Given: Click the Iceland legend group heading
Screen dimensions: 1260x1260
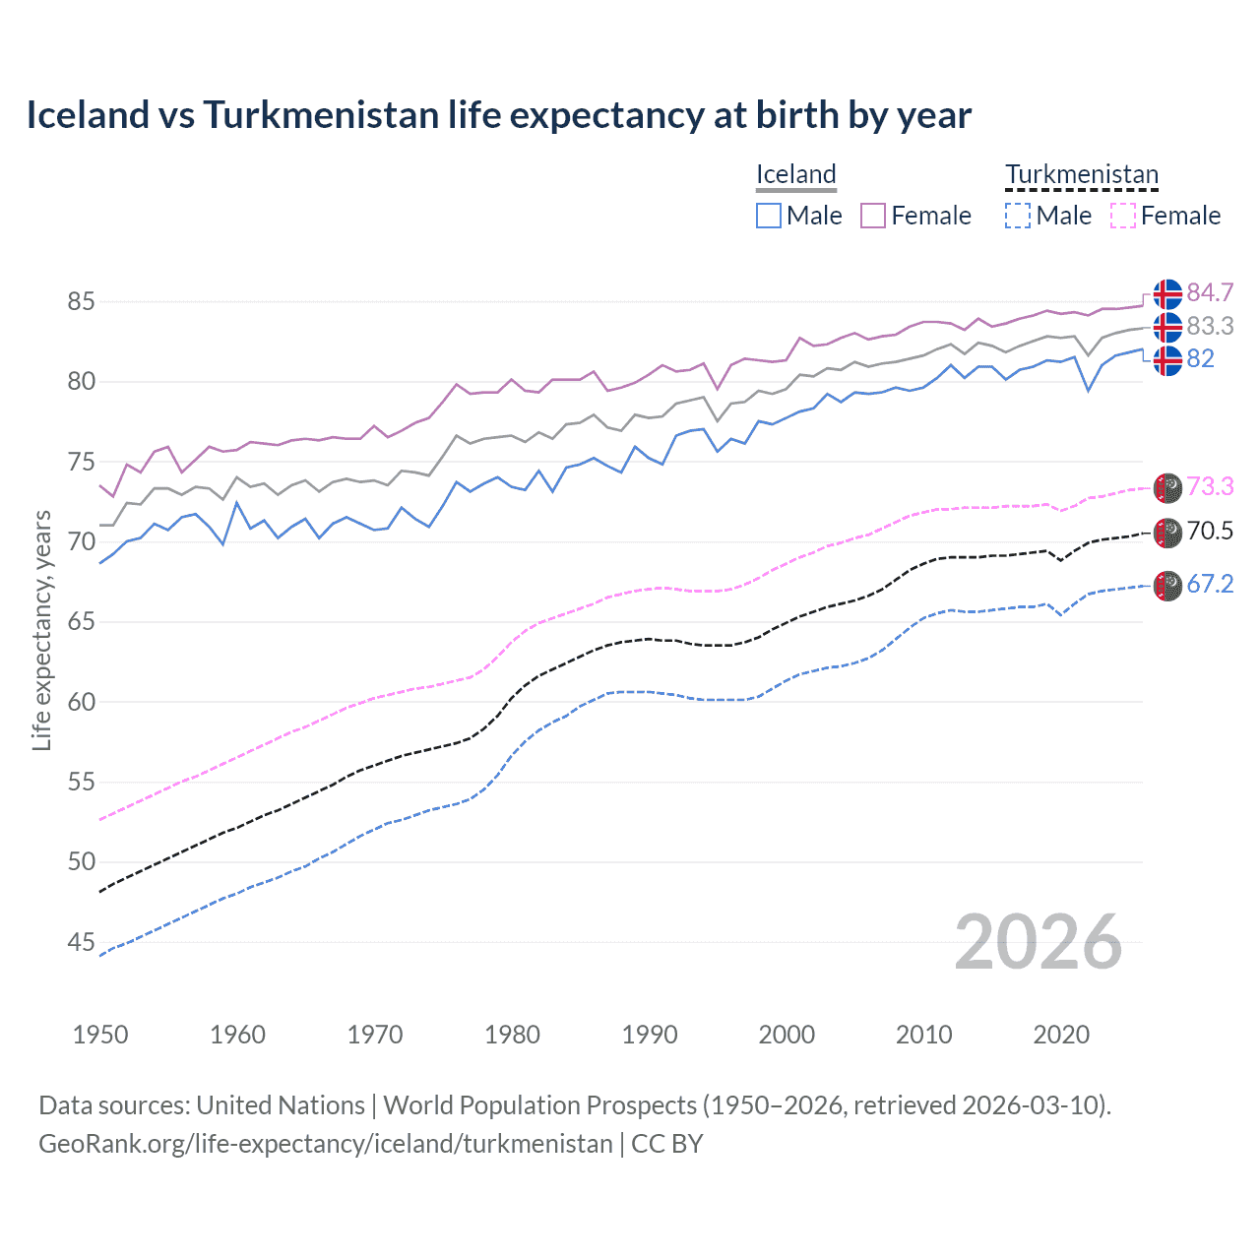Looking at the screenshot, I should [x=795, y=174].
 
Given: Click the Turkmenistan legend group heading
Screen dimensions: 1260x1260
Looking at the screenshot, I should [x=1081, y=174].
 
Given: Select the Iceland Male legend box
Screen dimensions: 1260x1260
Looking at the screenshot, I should [x=769, y=216].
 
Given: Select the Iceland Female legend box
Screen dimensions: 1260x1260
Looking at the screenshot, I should [x=873, y=216].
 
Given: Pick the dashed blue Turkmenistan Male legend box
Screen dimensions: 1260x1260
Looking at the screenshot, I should [x=1018, y=216].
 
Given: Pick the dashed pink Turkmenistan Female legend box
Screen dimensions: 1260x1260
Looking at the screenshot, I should [x=1123, y=216].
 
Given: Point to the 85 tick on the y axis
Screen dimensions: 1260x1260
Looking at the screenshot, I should [x=81, y=301].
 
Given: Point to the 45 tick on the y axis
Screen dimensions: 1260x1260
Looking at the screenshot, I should [x=81, y=942].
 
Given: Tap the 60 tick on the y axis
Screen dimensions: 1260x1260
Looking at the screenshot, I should [x=81, y=702].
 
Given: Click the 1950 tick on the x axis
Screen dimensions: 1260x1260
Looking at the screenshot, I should [x=100, y=1035].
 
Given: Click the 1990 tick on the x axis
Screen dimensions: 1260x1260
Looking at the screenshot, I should [x=650, y=1035].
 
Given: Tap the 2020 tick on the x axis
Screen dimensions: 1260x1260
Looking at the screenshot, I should [x=1061, y=1035].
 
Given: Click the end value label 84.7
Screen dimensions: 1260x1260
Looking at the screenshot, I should [x=1210, y=293].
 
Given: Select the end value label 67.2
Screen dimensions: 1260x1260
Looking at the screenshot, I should [x=1210, y=584].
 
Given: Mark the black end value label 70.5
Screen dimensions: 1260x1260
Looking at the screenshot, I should [x=1210, y=532].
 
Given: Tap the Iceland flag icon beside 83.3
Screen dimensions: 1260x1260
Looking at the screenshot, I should [x=1167, y=327].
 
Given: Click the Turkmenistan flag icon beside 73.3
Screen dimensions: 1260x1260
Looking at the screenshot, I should [x=1167, y=487].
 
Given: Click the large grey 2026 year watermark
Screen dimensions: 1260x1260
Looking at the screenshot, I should [x=1039, y=942].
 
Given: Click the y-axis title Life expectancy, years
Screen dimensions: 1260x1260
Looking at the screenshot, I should [x=41, y=630].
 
